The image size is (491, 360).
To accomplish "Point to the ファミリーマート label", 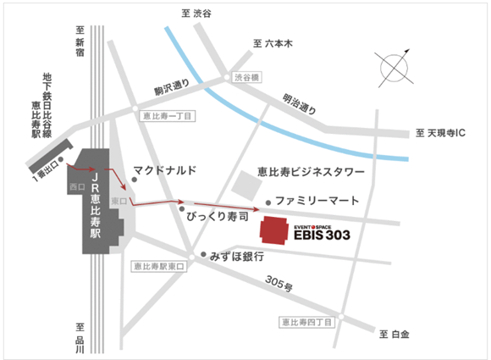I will tap(317, 201).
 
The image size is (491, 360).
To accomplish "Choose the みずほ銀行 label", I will tap(237, 256).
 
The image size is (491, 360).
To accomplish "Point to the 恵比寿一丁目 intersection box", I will tap(168, 114).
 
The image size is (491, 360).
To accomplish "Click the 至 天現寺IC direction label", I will tap(447, 133).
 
